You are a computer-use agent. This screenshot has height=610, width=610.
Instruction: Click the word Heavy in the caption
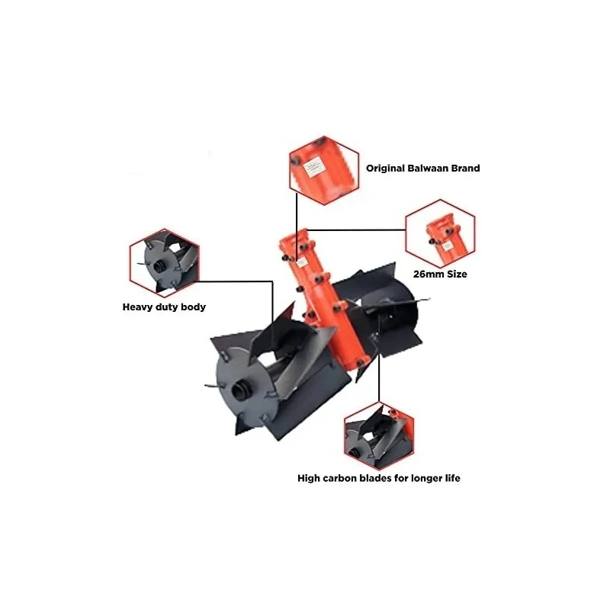(x=140, y=308)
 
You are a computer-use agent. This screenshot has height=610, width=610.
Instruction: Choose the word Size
(x=455, y=274)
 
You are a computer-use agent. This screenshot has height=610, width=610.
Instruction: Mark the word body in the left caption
(x=191, y=308)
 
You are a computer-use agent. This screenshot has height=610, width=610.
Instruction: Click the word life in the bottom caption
(x=450, y=479)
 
